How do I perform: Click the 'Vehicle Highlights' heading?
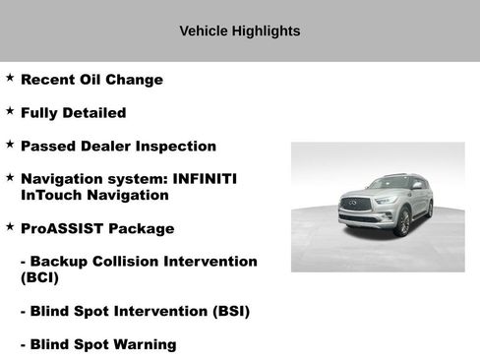click(240, 31)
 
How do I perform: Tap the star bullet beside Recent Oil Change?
click(10, 77)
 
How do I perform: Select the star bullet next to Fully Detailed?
click(10, 110)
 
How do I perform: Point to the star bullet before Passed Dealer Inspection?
click(10, 144)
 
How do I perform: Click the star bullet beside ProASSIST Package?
click(10, 226)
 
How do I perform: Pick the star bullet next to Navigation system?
click(10, 177)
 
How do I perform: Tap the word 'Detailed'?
click(90, 113)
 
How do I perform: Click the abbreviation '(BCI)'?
click(39, 278)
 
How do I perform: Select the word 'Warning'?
click(143, 345)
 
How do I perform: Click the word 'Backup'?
click(60, 263)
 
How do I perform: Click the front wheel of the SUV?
click(402, 223)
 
